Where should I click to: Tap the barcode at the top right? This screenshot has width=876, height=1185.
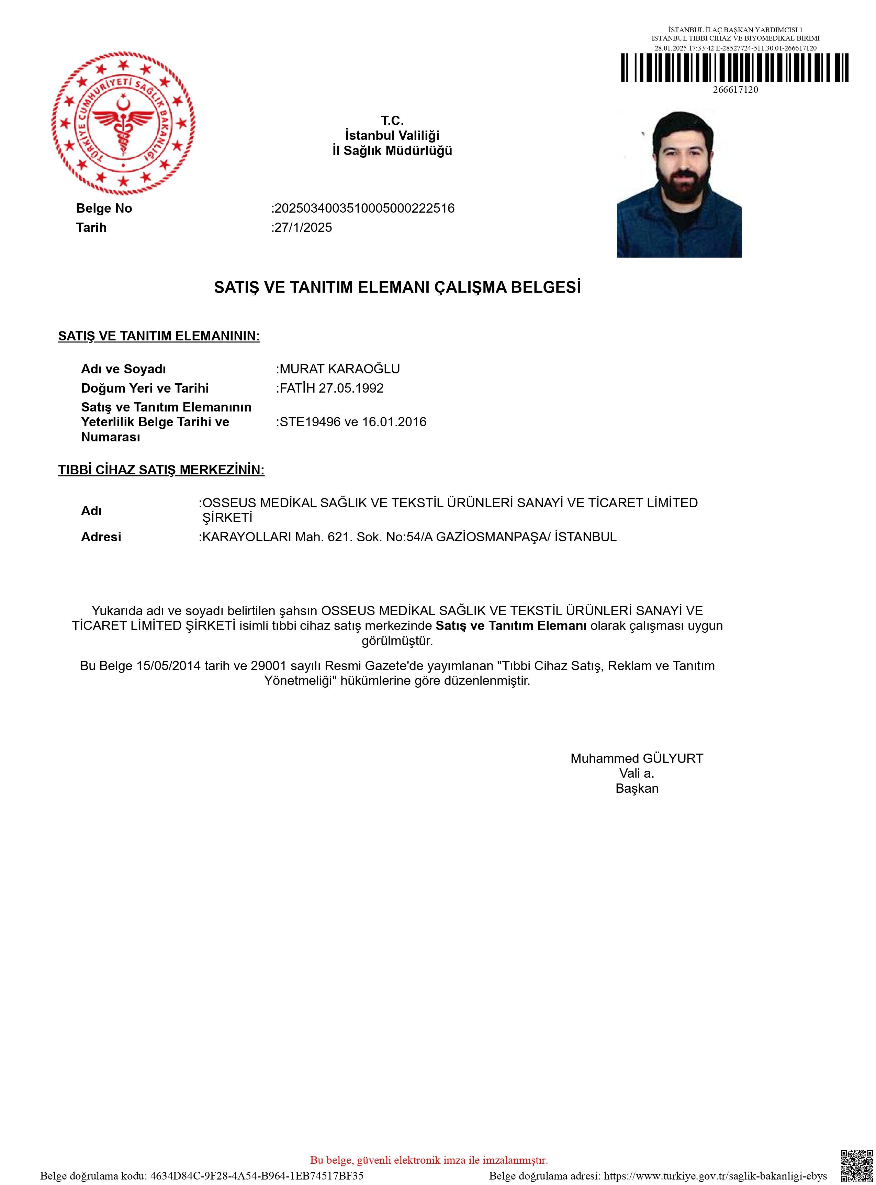tap(735, 68)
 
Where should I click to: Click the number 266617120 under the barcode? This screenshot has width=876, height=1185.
tap(735, 90)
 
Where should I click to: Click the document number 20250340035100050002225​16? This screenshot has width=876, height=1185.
tap(364, 208)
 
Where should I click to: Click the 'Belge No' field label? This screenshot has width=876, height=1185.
tap(104, 208)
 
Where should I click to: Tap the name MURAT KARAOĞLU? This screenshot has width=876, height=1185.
tap(339, 369)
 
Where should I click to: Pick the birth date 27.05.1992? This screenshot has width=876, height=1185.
tap(351, 388)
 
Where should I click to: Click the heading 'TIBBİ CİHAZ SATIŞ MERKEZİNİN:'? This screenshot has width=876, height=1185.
tap(161, 470)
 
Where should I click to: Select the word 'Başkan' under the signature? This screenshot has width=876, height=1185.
tap(637, 788)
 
